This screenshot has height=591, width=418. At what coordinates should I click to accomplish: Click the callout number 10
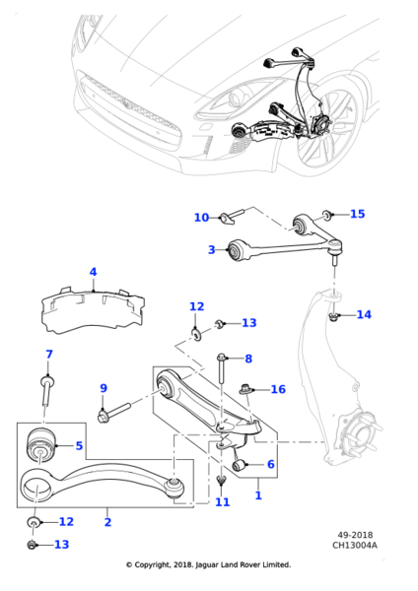point(201,218)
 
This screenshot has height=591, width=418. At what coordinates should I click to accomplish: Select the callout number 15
point(357,214)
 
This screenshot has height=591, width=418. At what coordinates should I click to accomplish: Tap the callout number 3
point(211,250)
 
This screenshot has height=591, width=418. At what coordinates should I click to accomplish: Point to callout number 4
point(93,272)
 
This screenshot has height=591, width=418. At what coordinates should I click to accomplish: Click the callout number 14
point(364,315)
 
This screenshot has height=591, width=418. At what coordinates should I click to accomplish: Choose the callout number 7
point(48,355)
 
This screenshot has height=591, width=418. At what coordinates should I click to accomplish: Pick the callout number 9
point(103,388)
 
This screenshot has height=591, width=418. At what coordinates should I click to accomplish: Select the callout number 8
point(248,359)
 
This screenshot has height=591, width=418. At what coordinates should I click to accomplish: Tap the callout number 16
point(278,390)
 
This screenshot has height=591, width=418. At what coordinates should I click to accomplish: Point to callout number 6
point(270,464)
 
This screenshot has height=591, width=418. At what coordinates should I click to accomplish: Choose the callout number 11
point(222,502)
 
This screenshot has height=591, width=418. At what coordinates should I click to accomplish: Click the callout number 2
point(106,523)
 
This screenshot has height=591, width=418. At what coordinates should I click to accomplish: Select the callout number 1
point(258,495)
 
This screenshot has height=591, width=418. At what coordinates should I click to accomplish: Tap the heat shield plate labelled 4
point(91,307)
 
